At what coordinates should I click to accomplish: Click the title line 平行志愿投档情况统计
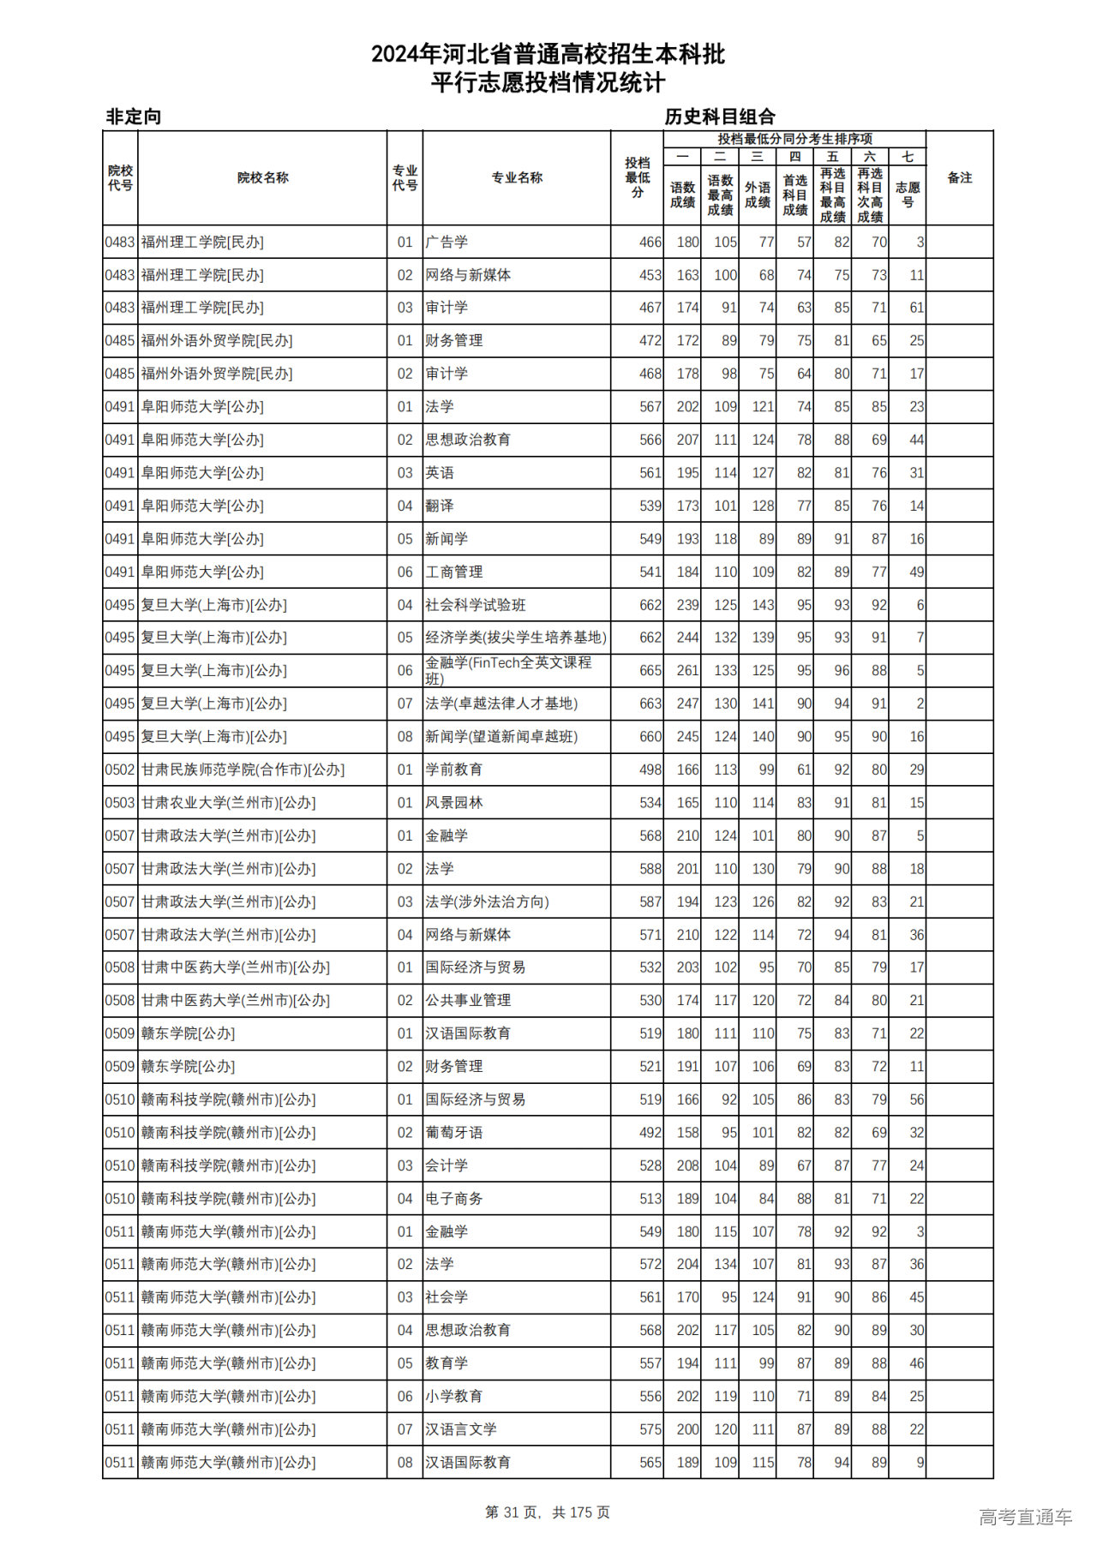point(548,83)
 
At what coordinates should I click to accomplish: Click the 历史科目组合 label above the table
point(720,117)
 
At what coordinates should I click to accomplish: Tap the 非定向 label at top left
point(134,117)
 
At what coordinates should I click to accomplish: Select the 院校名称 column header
point(262,177)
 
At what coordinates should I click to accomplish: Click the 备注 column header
point(959,177)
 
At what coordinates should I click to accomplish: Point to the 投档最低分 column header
point(637,177)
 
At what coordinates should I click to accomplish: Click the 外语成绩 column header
point(758,195)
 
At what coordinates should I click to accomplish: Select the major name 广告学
point(447,243)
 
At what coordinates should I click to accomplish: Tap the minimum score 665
point(650,670)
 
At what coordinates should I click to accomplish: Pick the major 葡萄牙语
point(454,1132)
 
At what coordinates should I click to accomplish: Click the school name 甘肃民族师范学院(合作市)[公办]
point(243,770)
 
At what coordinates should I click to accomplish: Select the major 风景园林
point(454,803)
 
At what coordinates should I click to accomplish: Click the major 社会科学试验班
point(476,605)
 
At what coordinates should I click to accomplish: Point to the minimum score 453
point(650,275)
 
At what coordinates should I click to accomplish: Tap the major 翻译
point(440,506)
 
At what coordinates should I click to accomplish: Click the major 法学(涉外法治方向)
point(487,901)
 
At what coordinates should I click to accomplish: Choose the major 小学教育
point(454,1396)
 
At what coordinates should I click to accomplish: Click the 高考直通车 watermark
point(1025,1517)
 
